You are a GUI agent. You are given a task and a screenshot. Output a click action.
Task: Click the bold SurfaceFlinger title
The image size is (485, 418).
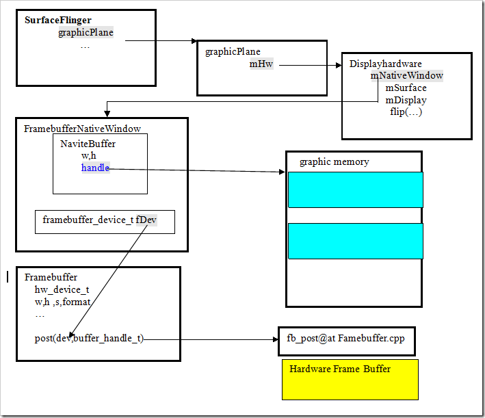click(x=58, y=20)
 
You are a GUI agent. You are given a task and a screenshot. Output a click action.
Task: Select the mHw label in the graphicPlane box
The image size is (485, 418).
click(x=261, y=64)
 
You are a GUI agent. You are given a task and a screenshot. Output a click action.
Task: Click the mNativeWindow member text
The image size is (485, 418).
click(x=407, y=76)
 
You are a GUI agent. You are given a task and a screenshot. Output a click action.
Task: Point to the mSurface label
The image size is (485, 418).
click(x=406, y=88)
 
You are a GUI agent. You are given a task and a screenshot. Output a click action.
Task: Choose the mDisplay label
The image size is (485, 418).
click(x=406, y=100)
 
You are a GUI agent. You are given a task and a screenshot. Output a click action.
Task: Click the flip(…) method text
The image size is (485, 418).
click(x=406, y=112)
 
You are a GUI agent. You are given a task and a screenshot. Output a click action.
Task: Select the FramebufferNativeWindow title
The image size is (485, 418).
click(x=81, y=129)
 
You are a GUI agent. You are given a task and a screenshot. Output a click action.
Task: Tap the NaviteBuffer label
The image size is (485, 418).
click(x=88, y=144)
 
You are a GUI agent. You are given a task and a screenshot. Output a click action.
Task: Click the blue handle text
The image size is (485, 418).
click(x=95, y=168)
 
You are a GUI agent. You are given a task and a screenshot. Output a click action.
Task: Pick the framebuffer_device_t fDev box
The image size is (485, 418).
click(x=105, y=220)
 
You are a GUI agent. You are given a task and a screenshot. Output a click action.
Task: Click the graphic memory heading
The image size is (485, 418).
click(x=334, y=162)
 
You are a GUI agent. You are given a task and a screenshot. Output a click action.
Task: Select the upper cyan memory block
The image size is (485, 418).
click(x=355, y=190)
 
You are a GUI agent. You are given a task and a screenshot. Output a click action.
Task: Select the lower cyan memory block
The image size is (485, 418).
click(x=355, y=241)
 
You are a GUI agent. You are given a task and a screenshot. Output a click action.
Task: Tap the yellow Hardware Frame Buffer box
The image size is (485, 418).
click(x=350, y=379)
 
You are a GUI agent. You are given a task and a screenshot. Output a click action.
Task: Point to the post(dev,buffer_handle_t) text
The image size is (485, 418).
click(x=89, y=338)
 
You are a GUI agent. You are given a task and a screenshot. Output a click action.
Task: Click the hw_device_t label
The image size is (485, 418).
click(x=62, y=289)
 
